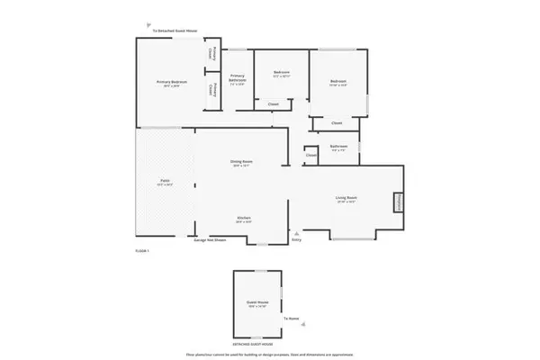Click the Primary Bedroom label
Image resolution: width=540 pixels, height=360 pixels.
point(170,82)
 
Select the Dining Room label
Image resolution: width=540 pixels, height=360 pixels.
point(242,162)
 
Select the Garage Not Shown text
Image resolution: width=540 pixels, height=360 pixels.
point(210,240)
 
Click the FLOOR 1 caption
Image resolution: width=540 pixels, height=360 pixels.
point(141,249)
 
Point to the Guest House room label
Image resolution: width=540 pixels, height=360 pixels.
point(258,303)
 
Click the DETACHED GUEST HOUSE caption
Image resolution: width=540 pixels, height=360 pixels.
point(256,345)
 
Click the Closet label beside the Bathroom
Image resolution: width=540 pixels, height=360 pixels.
point(311,154)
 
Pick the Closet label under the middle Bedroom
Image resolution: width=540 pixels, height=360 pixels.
point(274,103)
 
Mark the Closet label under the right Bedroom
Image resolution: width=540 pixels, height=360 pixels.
point(337,122)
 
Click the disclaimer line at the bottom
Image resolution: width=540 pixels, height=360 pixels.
point(270,354)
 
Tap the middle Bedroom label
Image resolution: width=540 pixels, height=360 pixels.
point(281,74)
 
